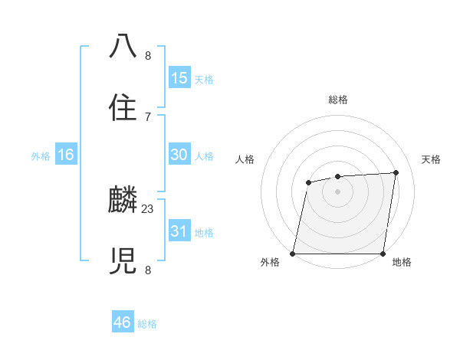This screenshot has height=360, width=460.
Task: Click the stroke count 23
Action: (x=148, y=208)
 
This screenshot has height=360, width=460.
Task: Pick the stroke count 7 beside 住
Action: (x=148, y=116)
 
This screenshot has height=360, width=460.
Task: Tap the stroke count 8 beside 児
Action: (x=148, y=270)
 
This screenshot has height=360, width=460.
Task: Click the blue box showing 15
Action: (x=179, y=78)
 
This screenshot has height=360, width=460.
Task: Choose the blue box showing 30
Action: (x=179, y=155)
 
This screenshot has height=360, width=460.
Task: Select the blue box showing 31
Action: (x=179, y=231)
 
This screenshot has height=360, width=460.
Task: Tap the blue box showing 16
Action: (x=66, y=155)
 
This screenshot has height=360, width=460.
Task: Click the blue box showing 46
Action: (x=123, y=322)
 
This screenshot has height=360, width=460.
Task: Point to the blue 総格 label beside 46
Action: (x=147, y=324)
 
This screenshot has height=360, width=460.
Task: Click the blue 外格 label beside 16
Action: (x=41, y=156)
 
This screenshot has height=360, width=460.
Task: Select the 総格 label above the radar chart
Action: (x=337, y=100)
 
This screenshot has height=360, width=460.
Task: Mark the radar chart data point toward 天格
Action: (x=396, y=172)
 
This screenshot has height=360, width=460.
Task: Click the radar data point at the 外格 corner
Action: (x=293, y=254)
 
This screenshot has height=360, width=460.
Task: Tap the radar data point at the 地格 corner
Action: (x=383, y=254)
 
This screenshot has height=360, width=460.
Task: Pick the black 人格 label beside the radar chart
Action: (x=245, y=159)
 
